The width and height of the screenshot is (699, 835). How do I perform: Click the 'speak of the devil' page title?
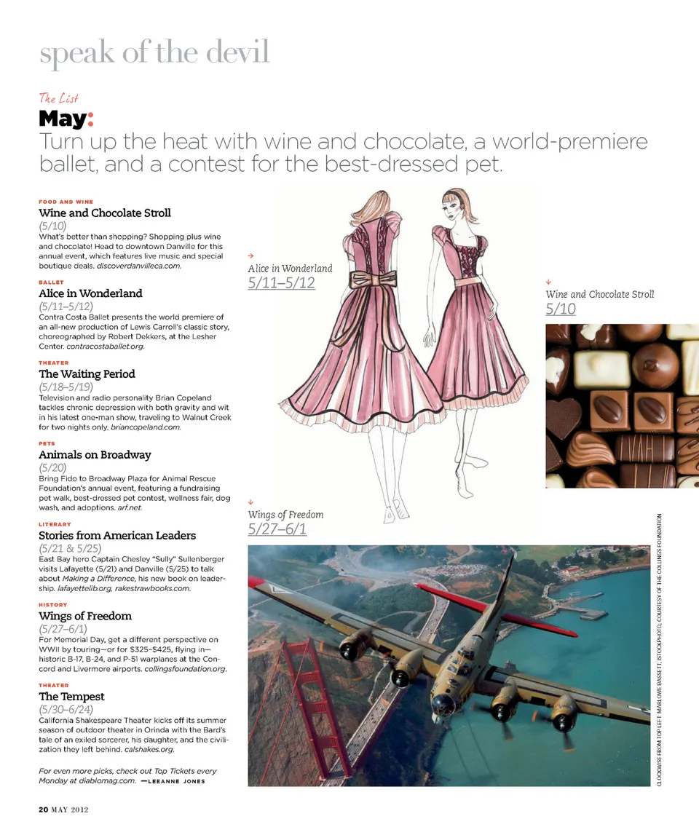click(x=154, y=52)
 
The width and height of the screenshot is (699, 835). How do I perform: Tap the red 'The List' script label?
click(x=58, y=98)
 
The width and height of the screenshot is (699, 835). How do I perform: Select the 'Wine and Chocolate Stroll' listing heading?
click(x=105, y=213)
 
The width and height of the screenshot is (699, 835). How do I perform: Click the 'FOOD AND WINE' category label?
click(x=66, y=202)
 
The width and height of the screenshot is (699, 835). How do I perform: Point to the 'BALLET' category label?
click(x=51, y=282)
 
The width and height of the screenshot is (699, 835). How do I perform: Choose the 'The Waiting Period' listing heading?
click(x=87, y=373)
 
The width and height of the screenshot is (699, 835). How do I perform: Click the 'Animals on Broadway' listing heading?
click(x=95, y=454)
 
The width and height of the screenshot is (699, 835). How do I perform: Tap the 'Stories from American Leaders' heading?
click(x=117, y=535)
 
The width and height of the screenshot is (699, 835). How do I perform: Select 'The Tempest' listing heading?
click(x=71, y=696)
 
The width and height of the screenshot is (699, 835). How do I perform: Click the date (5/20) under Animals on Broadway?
click(x=52, y=467)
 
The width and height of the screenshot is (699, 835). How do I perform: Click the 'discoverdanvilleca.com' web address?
click(x=138, y=266)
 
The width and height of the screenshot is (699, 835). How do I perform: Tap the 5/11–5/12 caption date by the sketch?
click(x=281, y=282)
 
